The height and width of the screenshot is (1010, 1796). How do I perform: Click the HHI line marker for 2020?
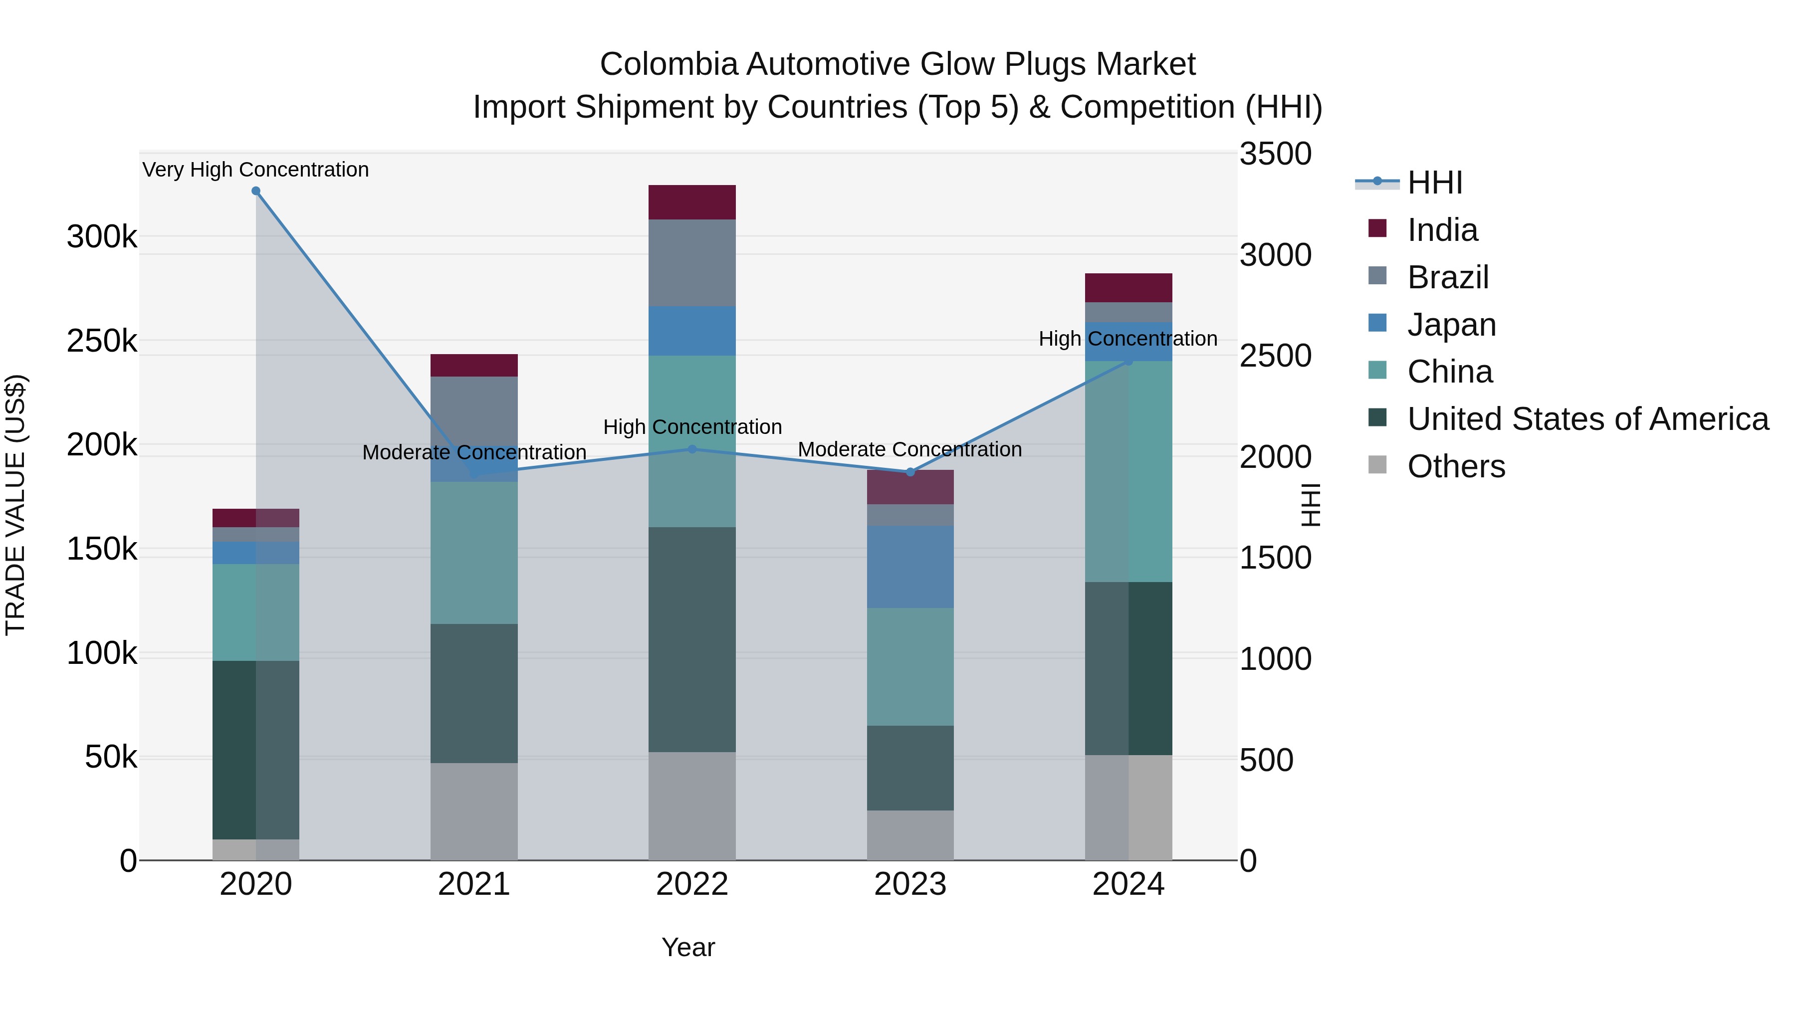click(256, 191)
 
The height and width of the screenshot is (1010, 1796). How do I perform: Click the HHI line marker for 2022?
click(692, 449)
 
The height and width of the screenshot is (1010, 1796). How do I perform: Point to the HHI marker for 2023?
click(910, 472)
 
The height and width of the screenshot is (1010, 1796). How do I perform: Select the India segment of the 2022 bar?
click(692, 202)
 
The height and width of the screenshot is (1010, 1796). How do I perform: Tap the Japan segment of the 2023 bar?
click(910, 567)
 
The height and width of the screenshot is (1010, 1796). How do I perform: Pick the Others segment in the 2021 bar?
click(474, 811)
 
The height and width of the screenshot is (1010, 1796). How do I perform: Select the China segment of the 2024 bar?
click(1129, 471)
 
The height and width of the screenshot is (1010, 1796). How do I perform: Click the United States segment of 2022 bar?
click(692, 639)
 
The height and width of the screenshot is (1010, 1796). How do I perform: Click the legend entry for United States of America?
click(1587, 419)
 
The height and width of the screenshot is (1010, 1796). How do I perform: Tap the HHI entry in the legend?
click(1434, 183)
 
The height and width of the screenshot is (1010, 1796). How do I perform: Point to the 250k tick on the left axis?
click(102, 342)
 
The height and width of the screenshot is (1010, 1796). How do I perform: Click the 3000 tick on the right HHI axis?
click(1275, 255)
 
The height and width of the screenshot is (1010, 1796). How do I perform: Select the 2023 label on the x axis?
click(910, 884)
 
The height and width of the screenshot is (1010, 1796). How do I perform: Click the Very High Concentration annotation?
click(256, 170)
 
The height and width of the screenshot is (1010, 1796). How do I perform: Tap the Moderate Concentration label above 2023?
click(910, 449)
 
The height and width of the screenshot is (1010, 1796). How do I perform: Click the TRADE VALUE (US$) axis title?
click(15, 505)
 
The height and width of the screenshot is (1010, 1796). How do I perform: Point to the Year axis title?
click(688, 947)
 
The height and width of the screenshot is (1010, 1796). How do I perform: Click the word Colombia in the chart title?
click(668, 65)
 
